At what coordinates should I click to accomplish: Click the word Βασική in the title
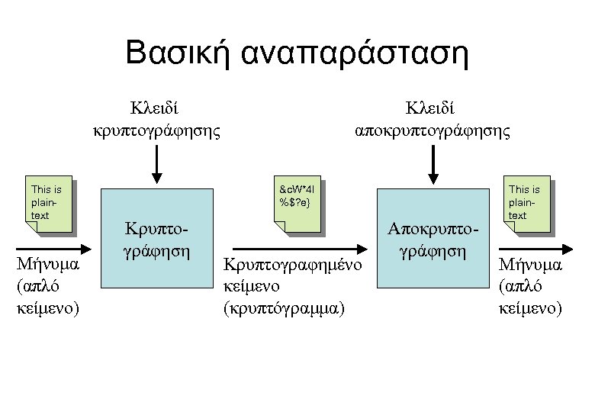coord(175,54)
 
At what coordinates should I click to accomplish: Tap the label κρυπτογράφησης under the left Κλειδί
coord(156,130)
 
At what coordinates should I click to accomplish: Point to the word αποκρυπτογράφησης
coord(434,130)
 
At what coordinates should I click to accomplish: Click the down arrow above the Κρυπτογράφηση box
coord(156,164)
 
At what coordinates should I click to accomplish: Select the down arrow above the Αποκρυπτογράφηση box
coord(434,164)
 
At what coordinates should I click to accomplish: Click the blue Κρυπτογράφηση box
coord(156,237)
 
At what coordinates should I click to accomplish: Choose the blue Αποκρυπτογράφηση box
coord(433,237)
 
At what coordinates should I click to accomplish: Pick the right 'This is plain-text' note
coord(526,203)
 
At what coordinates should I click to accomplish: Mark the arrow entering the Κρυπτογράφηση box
coord(53,249)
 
